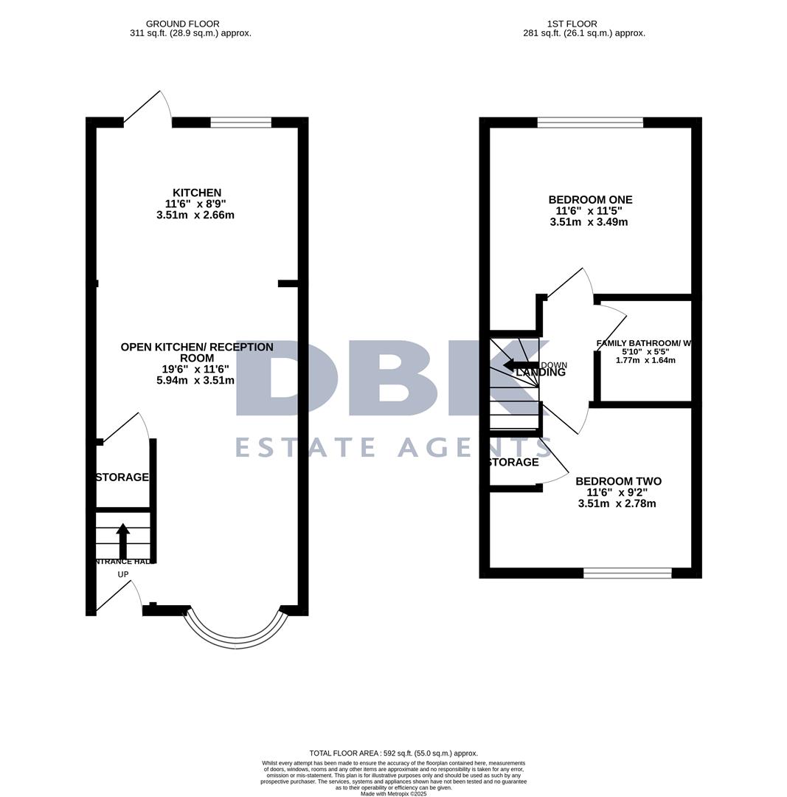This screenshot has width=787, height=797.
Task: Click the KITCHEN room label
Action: click(196, 193)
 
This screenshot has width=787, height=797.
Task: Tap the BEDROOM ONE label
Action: click(590, 200)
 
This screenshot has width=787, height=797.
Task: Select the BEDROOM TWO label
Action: click(618, 481)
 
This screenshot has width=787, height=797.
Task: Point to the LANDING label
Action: click(541, 373)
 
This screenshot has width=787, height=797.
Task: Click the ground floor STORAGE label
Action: click(122, 477)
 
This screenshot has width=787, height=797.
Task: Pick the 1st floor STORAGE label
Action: click(513, 462)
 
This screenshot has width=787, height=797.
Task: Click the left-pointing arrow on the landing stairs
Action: click(520, 365)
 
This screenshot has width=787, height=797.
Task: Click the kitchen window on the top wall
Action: click(240, 123)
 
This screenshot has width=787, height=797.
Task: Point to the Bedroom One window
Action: click(590, 123)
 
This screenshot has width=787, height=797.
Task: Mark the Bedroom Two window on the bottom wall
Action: click(627, 573)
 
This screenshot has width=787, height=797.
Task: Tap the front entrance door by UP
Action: click(118, 598)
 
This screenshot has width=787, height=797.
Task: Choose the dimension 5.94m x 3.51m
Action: click(195, 381)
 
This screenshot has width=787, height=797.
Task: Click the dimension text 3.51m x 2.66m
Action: click(195, 215)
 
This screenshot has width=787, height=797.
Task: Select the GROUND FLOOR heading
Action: click(182, 24)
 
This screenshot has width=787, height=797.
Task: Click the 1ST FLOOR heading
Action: click(572, 24)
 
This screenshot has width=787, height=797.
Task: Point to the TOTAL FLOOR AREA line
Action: click(393, 753)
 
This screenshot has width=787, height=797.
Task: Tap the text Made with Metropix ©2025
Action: click(393, 793)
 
